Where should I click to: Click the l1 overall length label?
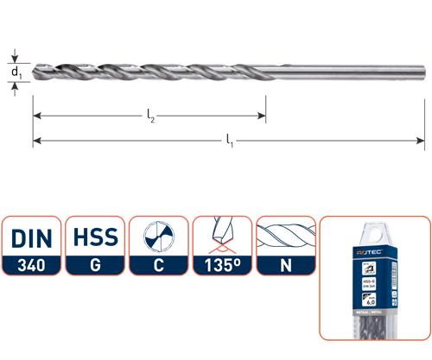tap(230, 137)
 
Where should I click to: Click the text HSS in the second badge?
tap(94, 237)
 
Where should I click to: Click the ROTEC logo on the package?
tap(374, 254)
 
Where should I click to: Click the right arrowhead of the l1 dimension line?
tap(421, 140)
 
